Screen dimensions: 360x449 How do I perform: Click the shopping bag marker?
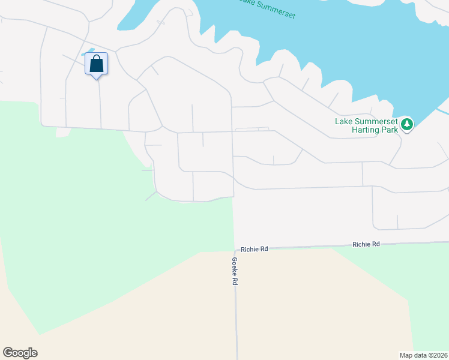[96, 64]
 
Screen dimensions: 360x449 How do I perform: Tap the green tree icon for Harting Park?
[408, 125]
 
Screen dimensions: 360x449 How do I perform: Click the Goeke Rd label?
[235, 271]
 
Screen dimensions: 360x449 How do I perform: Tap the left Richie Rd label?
[255, 248]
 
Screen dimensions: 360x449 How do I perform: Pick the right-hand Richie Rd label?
[366, 244]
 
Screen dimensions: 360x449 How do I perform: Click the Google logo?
[20, 353]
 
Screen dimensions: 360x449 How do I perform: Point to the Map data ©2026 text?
[423, 355]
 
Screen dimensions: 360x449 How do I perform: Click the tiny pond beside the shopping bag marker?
[89, 51]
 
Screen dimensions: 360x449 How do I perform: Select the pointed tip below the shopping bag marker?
[96, 78]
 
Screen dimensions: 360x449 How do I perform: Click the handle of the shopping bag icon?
[96, 58]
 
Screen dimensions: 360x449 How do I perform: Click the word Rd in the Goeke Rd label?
[236, 281]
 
